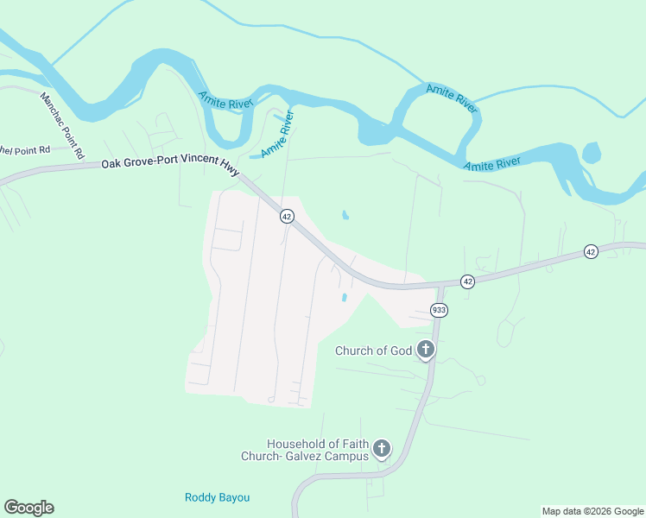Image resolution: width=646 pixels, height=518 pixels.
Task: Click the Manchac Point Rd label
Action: [x=61, y=125]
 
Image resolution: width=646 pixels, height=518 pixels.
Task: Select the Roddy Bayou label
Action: [x=217, y=497]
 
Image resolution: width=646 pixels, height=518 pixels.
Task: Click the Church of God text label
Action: [x=373, y=351]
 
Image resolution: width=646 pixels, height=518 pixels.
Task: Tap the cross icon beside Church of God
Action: [x=425, y=350]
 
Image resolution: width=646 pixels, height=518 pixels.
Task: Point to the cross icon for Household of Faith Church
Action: [x=382, y=449]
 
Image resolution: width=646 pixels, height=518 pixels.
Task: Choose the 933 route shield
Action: [x=439, y=310]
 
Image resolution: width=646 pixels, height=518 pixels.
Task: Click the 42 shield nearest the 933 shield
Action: [x=467, y=281]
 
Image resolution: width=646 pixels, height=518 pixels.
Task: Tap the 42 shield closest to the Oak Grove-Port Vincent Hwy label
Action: [x=287, y=216]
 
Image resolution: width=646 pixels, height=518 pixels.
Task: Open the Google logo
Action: [x=28, y=508]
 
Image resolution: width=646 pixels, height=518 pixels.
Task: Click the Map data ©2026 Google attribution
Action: [x=593, y=511]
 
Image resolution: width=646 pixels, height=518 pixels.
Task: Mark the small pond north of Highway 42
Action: [x=345, y=215]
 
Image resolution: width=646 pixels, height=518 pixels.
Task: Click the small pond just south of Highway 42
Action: [x=344, y=298]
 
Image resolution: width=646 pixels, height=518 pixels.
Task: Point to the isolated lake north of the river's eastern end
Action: [x=591, y=153]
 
